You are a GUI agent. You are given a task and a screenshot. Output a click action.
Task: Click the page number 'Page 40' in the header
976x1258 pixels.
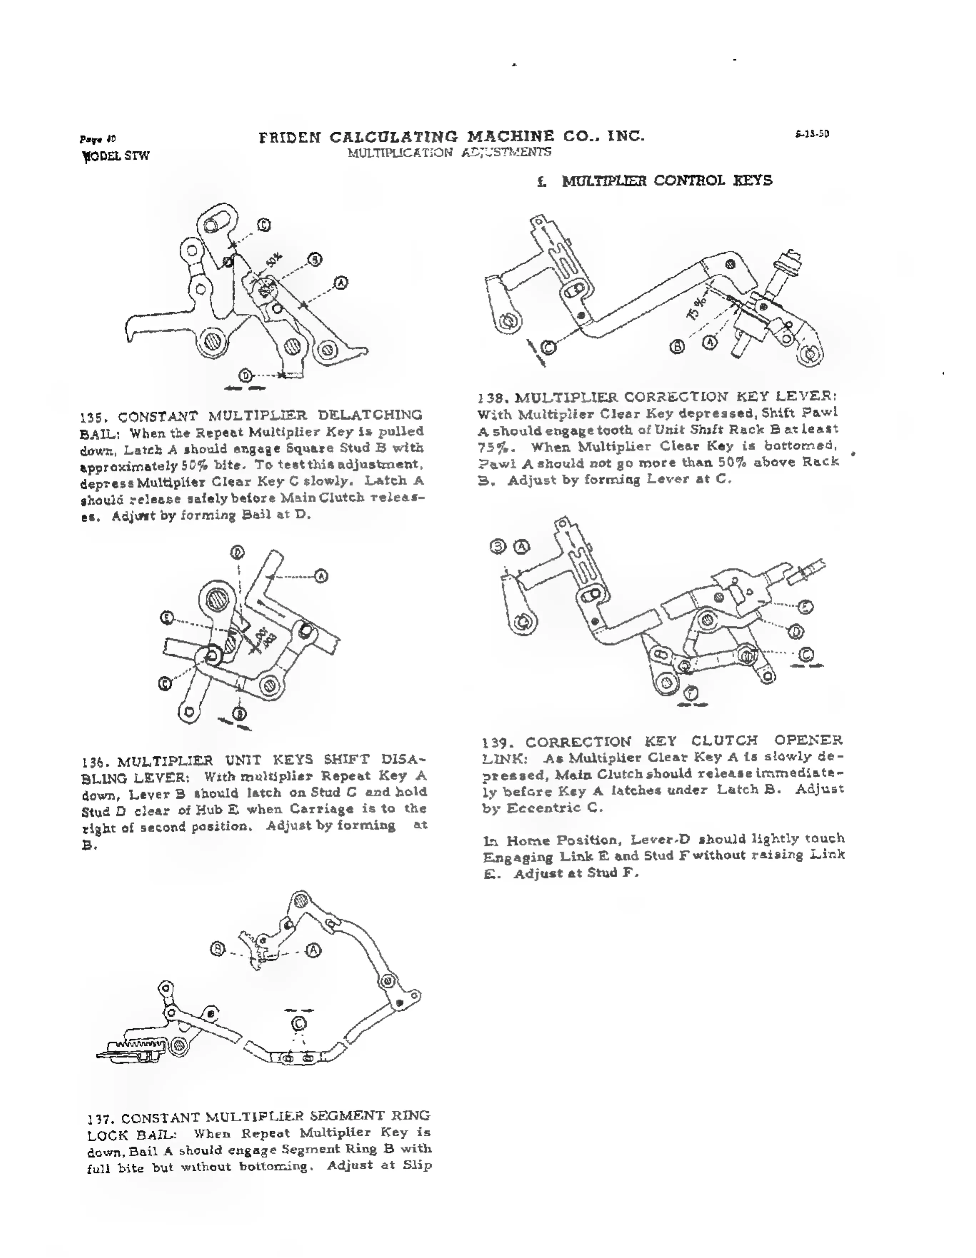pyautogui.click(x=97, y=139)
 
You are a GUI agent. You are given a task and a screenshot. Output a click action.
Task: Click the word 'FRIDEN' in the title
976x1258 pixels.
pyautogui.click(x=290, y=137)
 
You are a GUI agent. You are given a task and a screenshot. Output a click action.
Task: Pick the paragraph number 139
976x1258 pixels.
pyautogui.click(x=495, y=742)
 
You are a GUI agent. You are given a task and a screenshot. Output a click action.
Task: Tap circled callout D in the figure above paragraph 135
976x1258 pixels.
pyautogui.click(x=246, y=376)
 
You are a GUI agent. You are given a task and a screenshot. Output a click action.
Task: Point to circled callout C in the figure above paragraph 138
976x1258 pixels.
pyautogui.click(x=548, y=347)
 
